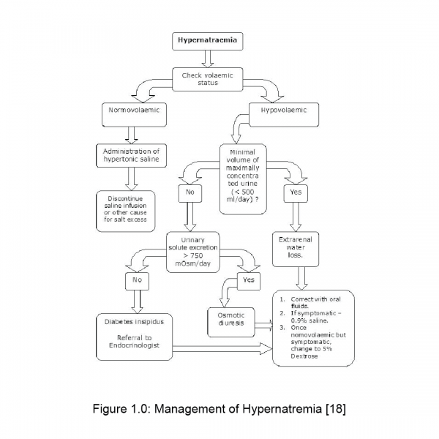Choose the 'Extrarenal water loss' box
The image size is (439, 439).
pos(296,247)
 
